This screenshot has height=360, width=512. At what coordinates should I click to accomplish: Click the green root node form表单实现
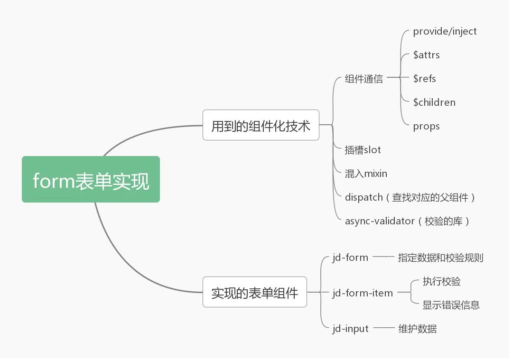click(x=91, y=180)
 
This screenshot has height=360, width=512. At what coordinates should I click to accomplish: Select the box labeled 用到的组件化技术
click(x=261, y=126)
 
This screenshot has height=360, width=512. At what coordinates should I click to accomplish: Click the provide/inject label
click(x=445, y=31)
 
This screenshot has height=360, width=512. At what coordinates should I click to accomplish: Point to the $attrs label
click(x=426, y=55)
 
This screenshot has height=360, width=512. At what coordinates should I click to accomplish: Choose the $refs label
click(x=424, y=79)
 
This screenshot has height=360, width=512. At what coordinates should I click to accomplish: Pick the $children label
click(x=434, y=102)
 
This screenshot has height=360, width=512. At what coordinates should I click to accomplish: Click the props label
click(x=426, y=126)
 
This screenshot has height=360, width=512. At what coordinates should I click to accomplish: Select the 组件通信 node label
click(x=363, y=79)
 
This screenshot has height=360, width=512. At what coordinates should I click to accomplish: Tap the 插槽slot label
click(x=363, y=150)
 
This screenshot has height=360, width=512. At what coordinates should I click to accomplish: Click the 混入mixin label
click(x=366, y=174)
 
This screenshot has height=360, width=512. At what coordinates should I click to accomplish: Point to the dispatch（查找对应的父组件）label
click(x=410, y=197)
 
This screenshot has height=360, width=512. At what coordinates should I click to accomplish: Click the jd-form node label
click(x=350, y=258)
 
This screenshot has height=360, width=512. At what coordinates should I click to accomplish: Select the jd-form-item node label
click(x=363, y=293)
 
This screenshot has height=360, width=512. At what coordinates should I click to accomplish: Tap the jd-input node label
click(x=350, y=329)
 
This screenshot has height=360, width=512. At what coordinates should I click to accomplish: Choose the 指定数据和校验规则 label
click(x=440, y=258)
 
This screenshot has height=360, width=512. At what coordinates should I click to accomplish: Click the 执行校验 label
click(x=441, y=281)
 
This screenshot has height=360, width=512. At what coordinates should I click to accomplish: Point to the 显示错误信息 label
click(x=451, y=305)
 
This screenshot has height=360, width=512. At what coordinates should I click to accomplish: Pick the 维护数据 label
click(x=417, y=329)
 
